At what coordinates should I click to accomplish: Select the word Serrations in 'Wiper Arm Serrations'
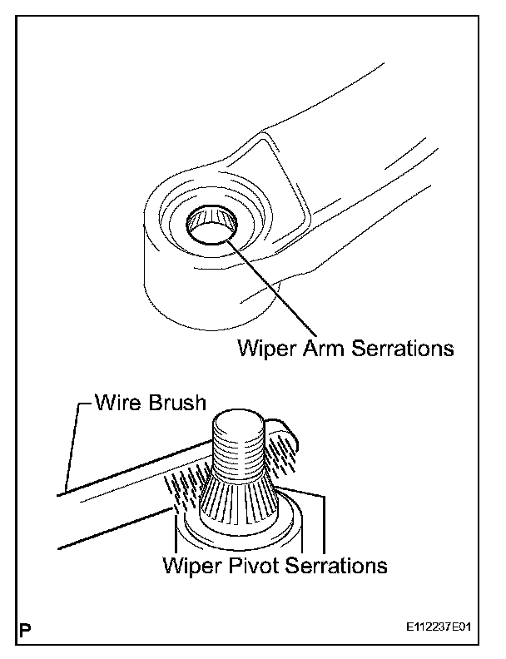point(397,347)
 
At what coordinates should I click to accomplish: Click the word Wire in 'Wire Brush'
point(115,404)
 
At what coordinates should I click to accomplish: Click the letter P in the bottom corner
point(26,627)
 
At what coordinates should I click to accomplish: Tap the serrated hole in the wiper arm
point(211,224)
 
